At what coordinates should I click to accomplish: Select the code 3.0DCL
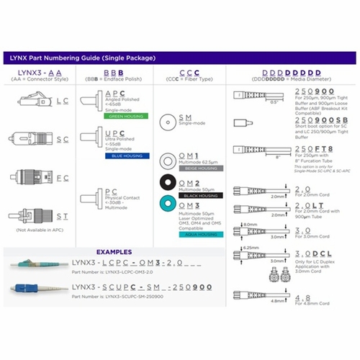pyautogui.click(x=311, y=253)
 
